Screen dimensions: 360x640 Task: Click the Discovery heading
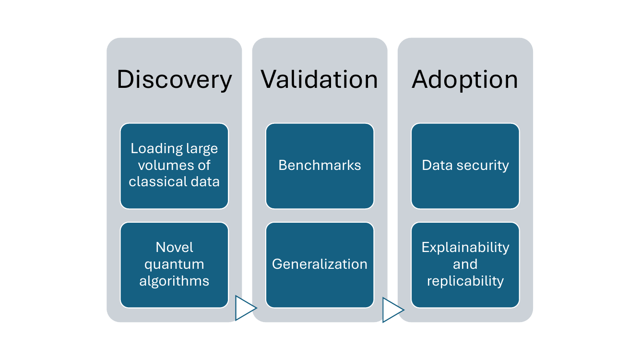[x=174, y=80]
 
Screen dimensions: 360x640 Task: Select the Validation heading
[x=320, y=80]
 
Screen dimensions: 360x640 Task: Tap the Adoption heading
[x=465, y=80]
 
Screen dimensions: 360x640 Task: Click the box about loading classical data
[x=174, y=166]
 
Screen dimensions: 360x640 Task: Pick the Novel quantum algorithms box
[x=174, y=264]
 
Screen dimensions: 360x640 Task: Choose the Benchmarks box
[x=320, y=166]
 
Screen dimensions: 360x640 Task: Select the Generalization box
[x=320, y=264]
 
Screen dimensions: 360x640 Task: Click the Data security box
[x=465, y=166]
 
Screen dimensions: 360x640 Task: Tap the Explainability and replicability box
[x=465, y=264]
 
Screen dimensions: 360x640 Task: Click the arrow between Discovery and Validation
[x=245, y=308]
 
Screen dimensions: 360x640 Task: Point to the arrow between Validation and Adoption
[x=392, y=310]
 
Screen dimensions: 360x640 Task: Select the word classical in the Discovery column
[x=151, y=181]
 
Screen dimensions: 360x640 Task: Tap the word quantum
[x=174, y=264]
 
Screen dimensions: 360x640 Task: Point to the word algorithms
[x=174, y=281]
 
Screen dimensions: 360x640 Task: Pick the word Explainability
[x=465, y=248]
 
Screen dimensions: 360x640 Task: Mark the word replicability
[x=465, y=281]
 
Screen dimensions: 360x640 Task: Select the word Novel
[x=174, y=248]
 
